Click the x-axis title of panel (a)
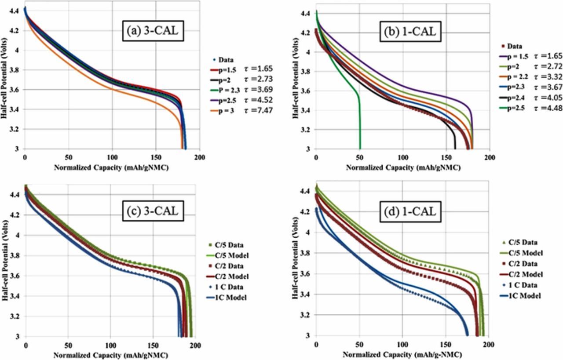point(112,167)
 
